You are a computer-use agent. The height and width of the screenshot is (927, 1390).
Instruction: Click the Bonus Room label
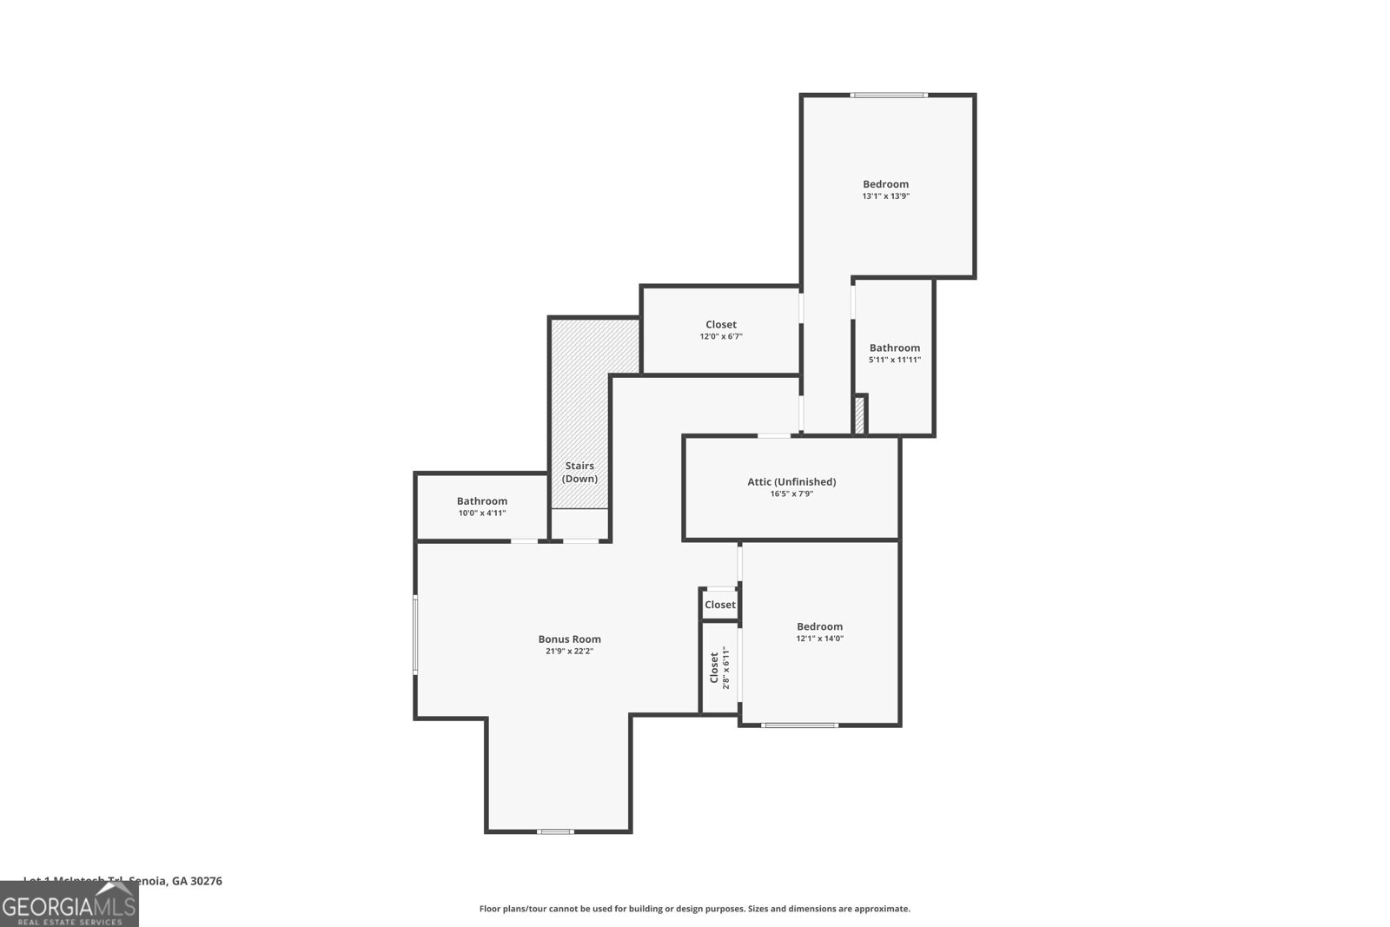[x=569, y=639]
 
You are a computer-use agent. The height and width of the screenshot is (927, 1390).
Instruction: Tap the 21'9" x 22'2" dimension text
[x=569, y=651]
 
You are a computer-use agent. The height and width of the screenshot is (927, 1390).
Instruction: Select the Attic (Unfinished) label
[x=791, y=481]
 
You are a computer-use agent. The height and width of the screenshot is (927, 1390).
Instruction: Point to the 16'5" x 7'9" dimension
[x=791, y=493]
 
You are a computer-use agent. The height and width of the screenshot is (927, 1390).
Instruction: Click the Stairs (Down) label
[x=579, y=473]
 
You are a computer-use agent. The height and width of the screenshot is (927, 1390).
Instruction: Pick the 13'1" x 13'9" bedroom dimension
[x=885, y=196]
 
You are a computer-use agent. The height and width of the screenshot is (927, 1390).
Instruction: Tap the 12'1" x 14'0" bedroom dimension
[x=819, y=639]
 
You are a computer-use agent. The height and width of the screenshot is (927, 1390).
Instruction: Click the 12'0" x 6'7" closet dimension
[x=720, y=336]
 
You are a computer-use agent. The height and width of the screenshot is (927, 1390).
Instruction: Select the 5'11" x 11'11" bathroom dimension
[x=894, y=360]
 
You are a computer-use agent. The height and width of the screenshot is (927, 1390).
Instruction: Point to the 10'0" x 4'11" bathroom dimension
[x=482, y=513]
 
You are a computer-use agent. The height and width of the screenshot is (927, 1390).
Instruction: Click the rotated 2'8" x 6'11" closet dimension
[x=726, y=668]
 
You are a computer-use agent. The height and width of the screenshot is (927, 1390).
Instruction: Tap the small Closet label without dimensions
[x=719, y=605]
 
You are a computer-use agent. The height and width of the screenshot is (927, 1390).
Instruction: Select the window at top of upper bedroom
[x=889, y=96]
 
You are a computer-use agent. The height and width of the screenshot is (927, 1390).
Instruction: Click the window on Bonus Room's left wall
[x=415, y=633]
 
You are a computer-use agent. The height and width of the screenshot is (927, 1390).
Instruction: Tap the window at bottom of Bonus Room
[x=555, y=831]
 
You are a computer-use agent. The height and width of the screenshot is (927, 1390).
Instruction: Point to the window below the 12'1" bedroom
[x=800, y=725]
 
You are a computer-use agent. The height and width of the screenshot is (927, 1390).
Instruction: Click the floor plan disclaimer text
[x=694, y=909]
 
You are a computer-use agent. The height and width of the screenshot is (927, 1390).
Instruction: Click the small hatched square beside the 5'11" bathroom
[x=860, y=414]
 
